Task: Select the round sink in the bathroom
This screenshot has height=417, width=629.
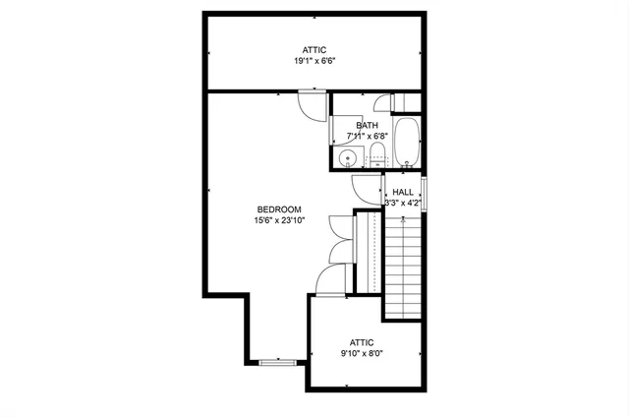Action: (346, 158)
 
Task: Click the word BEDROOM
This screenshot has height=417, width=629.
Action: (278, 208)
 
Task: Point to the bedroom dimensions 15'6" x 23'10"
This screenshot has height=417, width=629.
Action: (278, 220)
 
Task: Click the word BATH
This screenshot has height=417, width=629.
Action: (367, 125)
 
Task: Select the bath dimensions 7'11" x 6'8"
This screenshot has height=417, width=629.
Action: (367, 137)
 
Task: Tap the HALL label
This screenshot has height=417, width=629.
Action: (403, 192)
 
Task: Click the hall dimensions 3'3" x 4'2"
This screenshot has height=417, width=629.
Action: (403, 204)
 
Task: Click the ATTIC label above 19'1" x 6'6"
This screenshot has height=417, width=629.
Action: (314, 49)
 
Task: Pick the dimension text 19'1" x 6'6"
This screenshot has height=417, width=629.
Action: (314, 61)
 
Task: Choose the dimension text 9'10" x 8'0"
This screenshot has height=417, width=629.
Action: (363, 352)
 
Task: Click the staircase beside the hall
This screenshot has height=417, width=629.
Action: (402, 266)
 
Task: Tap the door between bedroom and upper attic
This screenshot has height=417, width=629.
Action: (313, 105)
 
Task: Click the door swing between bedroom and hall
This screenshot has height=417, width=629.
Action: (366, 189)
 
